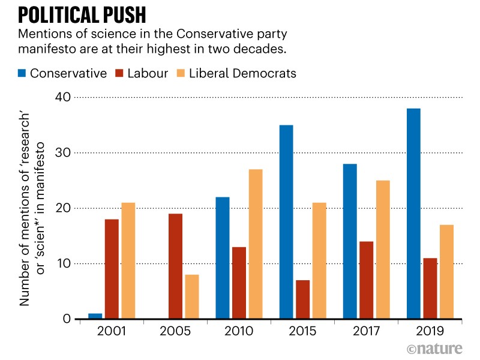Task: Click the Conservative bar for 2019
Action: click(x=413, y=214)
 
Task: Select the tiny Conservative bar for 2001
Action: click(x=95, y=316)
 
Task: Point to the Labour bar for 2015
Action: click(x=303, y=299)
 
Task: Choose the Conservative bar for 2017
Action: click(x=350, y=241)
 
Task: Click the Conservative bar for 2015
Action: click(x=286, y=222)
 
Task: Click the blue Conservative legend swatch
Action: click(x=23, y=74)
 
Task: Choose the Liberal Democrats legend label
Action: click(x=242, y=74)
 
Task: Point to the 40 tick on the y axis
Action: click(x=62, y=97)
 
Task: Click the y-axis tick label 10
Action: click(x=62, y=264)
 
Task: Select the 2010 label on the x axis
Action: click(x=238, y=331)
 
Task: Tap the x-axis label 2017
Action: click(x=366, y=331)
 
